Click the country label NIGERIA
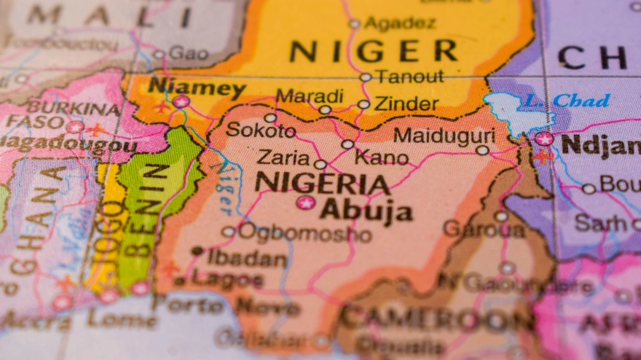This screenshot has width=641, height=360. point(321,182)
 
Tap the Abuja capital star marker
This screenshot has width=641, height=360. point(305,203)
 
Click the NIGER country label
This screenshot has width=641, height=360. point(373,51)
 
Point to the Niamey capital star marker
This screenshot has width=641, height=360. point(181,102)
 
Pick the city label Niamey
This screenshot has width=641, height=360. point(197,87)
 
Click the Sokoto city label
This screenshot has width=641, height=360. point(261,131)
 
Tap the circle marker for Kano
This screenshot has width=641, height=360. point(348,144)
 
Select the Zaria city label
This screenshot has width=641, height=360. point(283,157)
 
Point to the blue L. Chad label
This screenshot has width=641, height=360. point(567,101)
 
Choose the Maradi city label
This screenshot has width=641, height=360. point(310,96)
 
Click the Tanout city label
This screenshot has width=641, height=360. point(409,77)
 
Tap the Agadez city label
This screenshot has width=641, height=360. point(400,23)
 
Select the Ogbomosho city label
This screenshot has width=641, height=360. point(304,232)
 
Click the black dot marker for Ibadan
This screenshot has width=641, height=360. point(197,251)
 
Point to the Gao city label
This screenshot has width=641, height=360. point(189,53)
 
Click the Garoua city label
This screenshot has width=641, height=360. point(484,229)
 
